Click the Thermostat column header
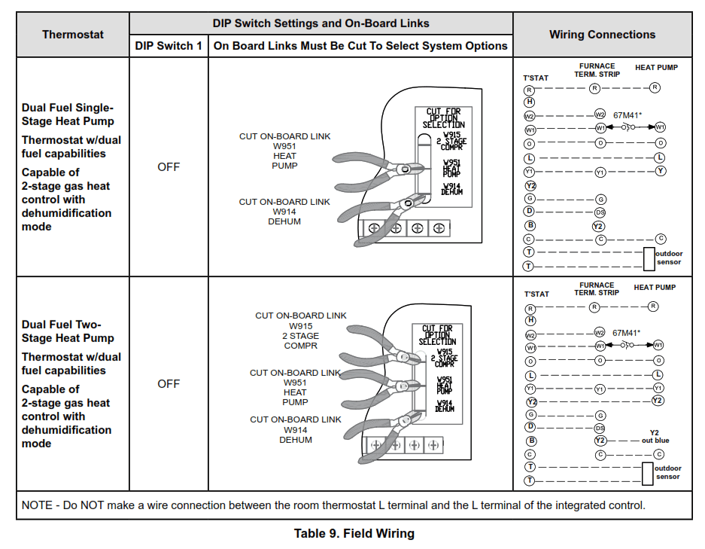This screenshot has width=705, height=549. coord(73,35)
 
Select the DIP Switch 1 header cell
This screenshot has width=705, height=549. coord(169,46)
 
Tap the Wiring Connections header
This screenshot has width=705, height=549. coord(602,35)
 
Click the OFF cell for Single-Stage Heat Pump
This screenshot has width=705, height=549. coord(169,167)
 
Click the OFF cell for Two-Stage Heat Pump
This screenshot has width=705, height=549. coord(169,384)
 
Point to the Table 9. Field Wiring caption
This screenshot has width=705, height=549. coord(354,534)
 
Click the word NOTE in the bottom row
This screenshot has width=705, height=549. coord(37,505)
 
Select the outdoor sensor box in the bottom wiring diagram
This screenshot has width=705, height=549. coord(649,474)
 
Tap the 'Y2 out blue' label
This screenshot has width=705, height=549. coord(655,437)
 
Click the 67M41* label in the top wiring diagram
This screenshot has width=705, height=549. coord(628,115)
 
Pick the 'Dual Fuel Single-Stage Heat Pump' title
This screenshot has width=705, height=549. coord(68,114)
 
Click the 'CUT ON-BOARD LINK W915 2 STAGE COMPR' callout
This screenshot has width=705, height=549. coord(301,331)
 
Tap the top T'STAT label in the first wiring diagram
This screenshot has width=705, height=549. coord(536,78)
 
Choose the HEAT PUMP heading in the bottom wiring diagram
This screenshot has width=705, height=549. coord(655,287)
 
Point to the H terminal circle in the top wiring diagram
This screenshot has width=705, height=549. coord(530,102)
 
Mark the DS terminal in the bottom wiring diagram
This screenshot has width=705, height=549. coord(600,428)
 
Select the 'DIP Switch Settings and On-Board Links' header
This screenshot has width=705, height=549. coord(322,23)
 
